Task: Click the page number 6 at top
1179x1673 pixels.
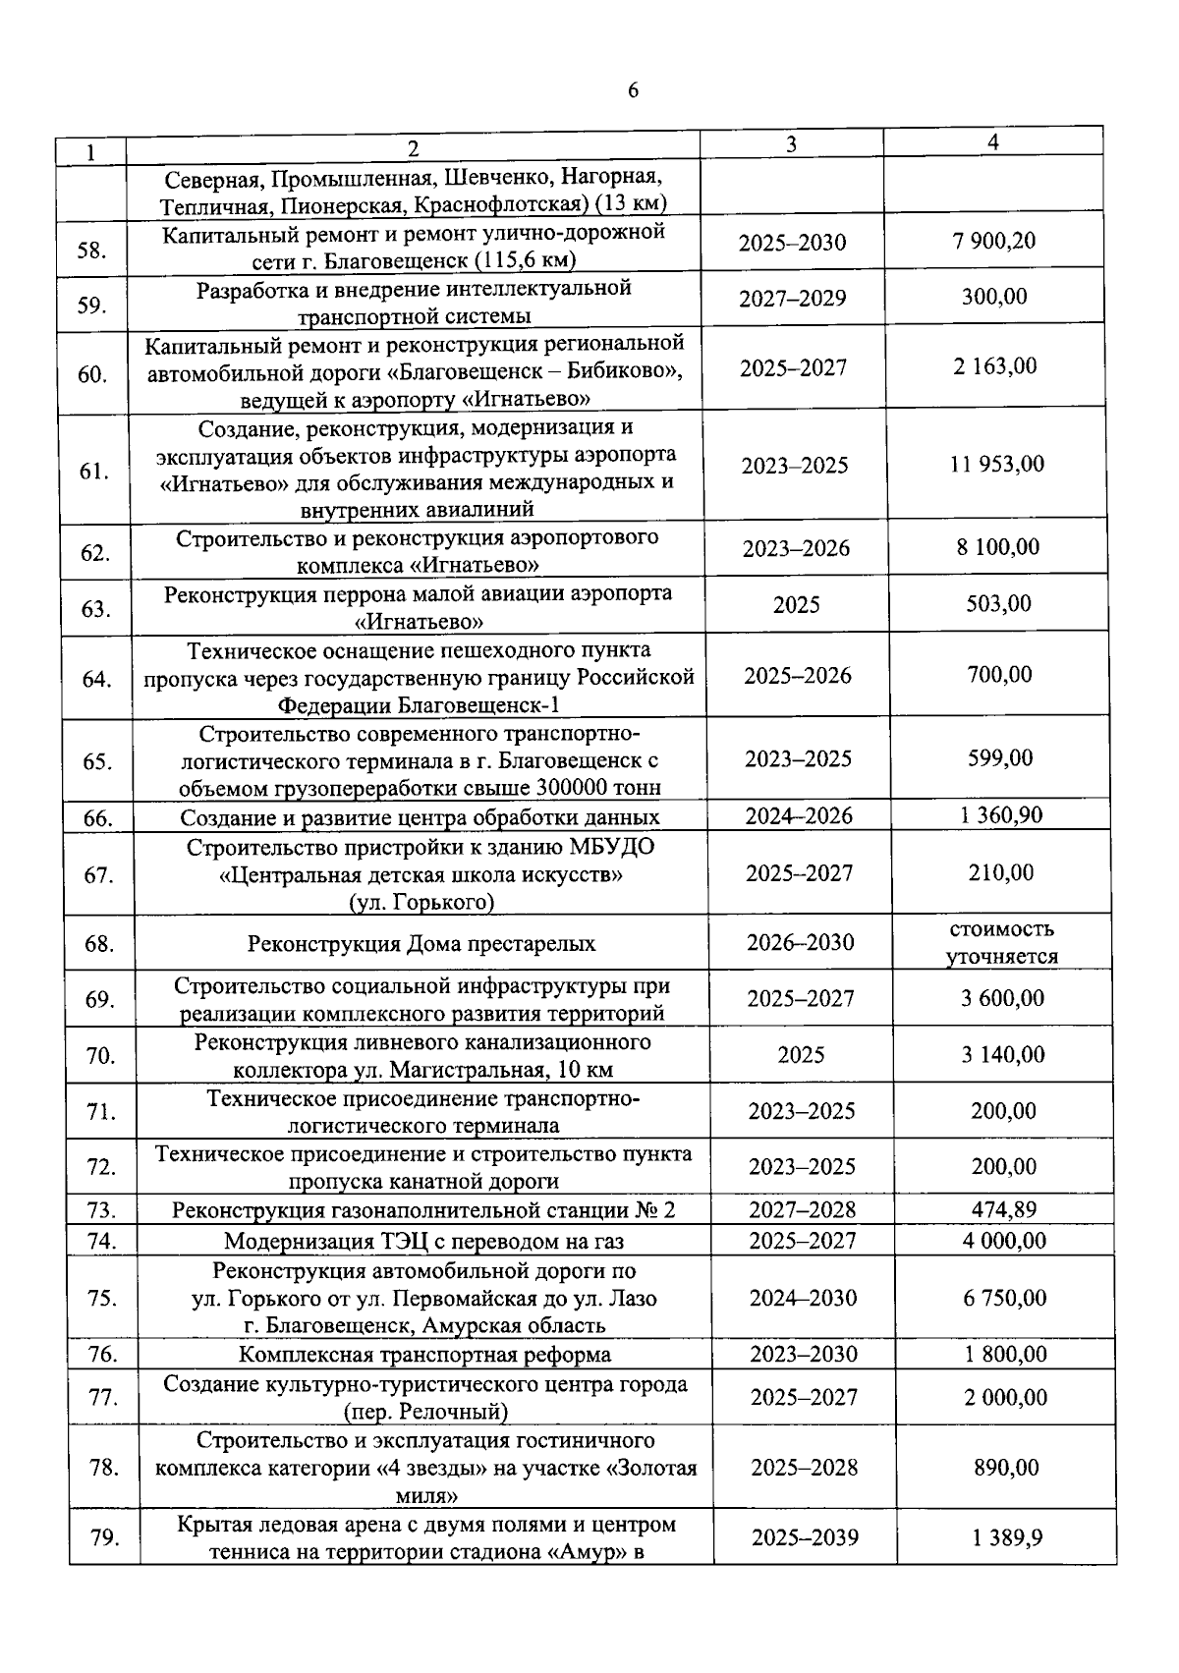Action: pyautogui.click(x=632, y=90)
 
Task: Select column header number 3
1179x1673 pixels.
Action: pyautogui.click(x=791, y=143)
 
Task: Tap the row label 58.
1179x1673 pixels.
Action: pyautogui.click(x=91, y=250)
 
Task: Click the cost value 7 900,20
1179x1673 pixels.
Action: pyautogui.click(x=993, y=241)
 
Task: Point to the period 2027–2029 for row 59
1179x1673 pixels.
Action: pyautogui.click(x=792, y=299)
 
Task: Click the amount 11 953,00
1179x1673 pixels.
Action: pyautogui.click(x=996, y=464)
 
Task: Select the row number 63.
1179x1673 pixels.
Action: pyautogui.click(x=95, y=609)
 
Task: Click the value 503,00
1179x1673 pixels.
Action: pyautogui.click(x=998, y=603)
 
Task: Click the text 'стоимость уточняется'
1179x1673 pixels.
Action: pyautogui.click(x=1002, y=943)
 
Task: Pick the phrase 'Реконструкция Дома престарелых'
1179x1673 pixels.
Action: pyautogui.click(x=421, y=944)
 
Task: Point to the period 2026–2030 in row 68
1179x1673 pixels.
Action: pyautogui.click(x=800, y=943)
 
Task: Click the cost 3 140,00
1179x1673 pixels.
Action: pyautogui.click(x=1003, y=1055)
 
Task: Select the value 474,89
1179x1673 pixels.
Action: pyautogui.click(x=1004, y=1209)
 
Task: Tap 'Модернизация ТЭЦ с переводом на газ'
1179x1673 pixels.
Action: pyautogui.click(x=423, y=1241)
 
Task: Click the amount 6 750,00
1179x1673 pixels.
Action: pyautogui.click(x=1005, y=1298)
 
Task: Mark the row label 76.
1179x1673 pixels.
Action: pyautogui.click(x=102, y=1355)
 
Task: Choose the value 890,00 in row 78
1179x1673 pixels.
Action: pyautogui.click(x=1006, y=1468)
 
